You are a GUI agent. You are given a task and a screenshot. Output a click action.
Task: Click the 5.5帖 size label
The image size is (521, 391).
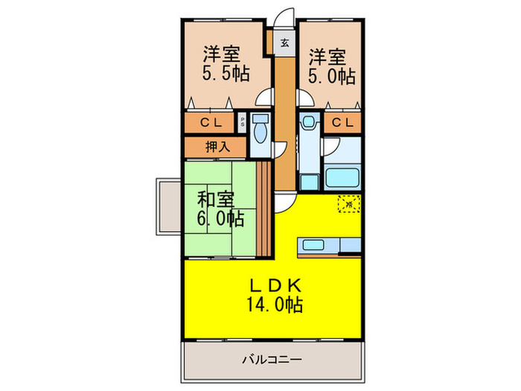226,74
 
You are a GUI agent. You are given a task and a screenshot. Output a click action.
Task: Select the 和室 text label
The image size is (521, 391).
216,200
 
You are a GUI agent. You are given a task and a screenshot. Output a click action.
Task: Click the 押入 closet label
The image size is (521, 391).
216,147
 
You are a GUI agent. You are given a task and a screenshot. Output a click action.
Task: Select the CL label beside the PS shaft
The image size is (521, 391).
208,122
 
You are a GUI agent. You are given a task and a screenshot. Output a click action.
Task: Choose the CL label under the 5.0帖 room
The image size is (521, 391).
342,122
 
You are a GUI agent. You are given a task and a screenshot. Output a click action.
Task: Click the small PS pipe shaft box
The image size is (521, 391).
243,122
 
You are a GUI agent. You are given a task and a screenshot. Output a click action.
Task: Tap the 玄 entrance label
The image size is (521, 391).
284,42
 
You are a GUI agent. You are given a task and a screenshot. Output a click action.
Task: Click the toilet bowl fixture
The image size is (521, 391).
260,132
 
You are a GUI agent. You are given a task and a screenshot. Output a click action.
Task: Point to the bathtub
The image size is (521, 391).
342,179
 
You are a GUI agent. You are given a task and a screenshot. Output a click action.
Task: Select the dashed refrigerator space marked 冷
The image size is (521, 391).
348,202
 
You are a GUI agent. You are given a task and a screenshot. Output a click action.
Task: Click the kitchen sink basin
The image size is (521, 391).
309,244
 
